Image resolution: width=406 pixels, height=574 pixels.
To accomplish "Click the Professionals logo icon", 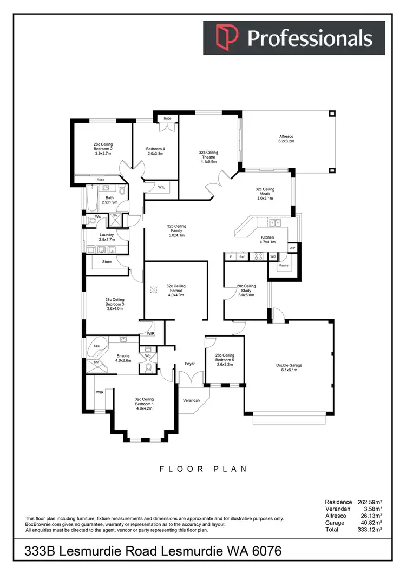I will click(224, 38).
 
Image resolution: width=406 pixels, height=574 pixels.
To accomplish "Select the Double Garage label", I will click(289, 365).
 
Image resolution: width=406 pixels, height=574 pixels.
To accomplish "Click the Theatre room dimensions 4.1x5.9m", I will click(208, 161).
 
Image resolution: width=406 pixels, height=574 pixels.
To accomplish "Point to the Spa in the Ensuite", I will click(97, 345).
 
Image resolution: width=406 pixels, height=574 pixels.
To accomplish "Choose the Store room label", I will click(107, 262).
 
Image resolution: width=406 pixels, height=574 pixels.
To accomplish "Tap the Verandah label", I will click(192, 400).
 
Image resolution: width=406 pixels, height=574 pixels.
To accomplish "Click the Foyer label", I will click(189, 364).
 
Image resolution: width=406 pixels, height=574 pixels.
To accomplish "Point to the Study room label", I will click(246, 291).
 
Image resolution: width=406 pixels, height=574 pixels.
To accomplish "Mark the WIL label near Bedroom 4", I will click(161, 187).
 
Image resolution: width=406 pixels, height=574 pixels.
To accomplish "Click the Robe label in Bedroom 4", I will click(167, 117).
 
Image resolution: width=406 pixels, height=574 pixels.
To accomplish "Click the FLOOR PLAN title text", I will click(203, 469).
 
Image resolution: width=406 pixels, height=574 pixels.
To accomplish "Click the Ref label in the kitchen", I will click(242, 256).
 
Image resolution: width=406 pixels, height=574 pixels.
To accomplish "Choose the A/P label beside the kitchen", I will click(292, 248).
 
